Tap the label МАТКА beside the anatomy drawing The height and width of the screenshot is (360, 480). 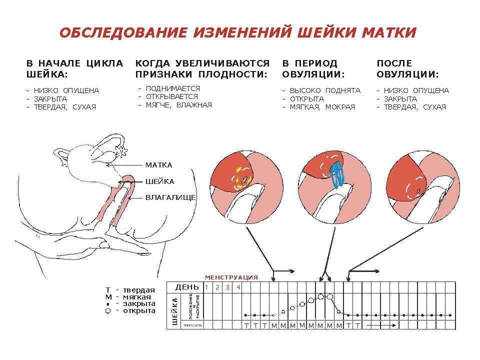tap(158, 165)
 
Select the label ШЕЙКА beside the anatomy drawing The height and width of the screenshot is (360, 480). tap(159, 181)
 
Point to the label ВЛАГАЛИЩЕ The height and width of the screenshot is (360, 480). tap(170, 197)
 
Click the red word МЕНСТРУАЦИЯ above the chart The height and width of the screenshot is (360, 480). tap(231, 277)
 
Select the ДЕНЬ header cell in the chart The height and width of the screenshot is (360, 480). tap(186, 287)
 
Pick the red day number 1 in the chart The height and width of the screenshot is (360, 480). tap(205, 287)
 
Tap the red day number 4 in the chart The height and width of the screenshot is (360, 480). tap(238, 287)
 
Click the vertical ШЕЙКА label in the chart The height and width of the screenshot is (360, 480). tap(174, 311)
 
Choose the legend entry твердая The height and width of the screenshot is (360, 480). tap(139, 290)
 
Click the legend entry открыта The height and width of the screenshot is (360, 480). tap(139, 310)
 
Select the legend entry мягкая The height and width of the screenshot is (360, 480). tap(138, 297)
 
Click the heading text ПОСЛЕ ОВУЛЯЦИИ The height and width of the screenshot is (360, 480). tap(407, 69)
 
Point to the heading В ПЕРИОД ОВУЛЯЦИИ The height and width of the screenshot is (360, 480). tap(313, 69)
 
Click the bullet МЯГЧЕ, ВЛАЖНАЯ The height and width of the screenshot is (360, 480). tap(179, 105)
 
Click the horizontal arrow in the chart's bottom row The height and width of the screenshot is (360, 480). tap(380, 325)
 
